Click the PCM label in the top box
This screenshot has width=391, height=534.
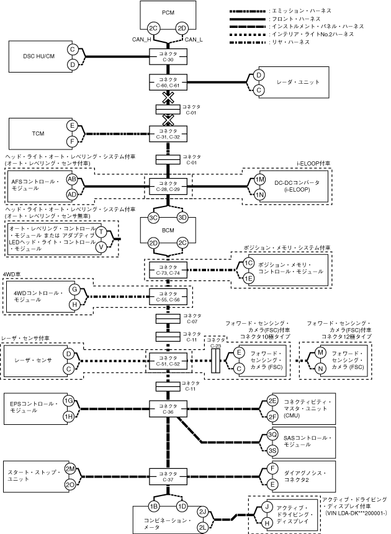pyautogui.click(x=168, y=12)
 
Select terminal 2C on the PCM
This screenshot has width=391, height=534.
pyautogui.click(x=154, y=29)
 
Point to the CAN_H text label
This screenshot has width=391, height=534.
pyautogui.click(x=142, y=40)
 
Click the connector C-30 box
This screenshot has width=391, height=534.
pyautogui.click(x=168, y=56)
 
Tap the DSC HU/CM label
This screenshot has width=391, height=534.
pyautogui.click(x=38, y=56)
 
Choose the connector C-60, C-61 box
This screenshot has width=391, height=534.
pyautogui.click(x=168, y=82)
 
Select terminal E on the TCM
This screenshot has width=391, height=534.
pyautogui.click(x=72, y=126)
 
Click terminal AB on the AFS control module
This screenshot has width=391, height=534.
pyautogui.click(x=72, y=179)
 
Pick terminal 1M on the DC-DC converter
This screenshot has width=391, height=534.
pyautogui.click(x=260, y=179)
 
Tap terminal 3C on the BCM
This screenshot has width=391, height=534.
pyautogui.click(x=154, y=218)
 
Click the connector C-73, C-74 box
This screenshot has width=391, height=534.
pyautogui.click(x=168, y=270)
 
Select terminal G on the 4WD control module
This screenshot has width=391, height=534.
pyautogui.click(x=74, y=290)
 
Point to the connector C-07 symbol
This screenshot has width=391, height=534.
pyautogui.click(x=168, y=318)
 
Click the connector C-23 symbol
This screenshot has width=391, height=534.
pyautogui.click(x=215, y=360)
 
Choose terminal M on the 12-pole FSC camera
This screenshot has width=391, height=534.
pyautogui.click(x=320, y=352)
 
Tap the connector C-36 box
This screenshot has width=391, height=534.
pyautogui.click(x=168, y=409)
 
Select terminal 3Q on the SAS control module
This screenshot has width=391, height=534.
pyautogui.click(x=272, y=435)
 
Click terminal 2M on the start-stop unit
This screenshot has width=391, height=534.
pyautogui.click(x=70, y=469)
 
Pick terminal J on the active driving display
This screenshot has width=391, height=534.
pyautogui.click(x=267, y=507)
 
